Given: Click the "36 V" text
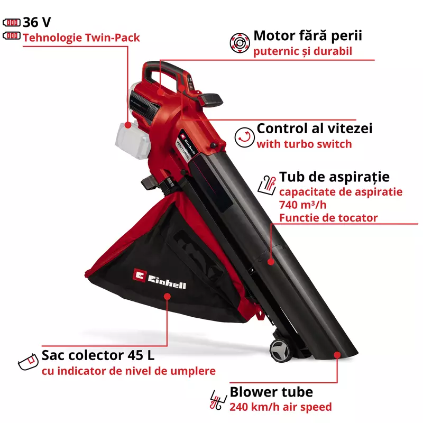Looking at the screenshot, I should pos(37,22).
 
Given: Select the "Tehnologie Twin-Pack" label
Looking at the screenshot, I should pos(81,38).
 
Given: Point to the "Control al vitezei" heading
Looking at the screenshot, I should pos(314,128).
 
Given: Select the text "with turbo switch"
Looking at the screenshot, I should pos(304,144).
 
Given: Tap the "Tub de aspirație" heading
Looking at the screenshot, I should pos(334,177).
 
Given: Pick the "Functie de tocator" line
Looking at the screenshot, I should pos(328,217).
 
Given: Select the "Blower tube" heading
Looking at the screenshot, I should pos(271,392).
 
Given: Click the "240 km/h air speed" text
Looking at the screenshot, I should pos(280,407).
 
